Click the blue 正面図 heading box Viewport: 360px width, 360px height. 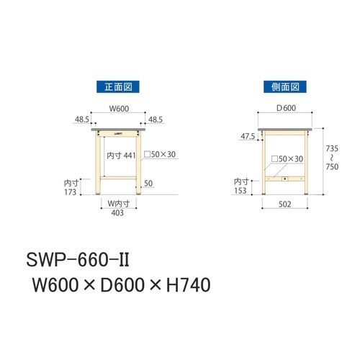(x=118, y=87)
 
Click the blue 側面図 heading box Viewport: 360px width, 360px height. (x=285, y=87)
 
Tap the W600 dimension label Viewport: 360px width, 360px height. (x=119, y=109)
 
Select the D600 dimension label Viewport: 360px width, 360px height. (x=286, y=108)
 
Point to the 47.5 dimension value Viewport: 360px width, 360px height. (x=248, y=136)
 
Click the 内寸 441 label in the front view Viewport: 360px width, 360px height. (x=121, y=156)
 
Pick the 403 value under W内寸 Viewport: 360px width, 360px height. (x=117, y=212)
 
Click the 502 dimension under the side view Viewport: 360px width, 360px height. (x=285, y=204)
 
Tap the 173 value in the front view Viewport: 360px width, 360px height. (x=70, y=192)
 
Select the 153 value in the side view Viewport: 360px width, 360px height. (x=240, y=191)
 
